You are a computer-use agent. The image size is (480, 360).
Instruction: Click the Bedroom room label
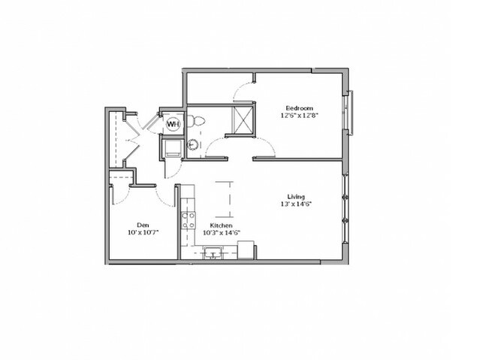pyautogui.click(x=300, y=108)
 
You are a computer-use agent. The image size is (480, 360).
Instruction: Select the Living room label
pyautogui.click(x=296, y=196)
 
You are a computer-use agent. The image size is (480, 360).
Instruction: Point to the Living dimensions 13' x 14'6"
pyautogui.click(x=296, y=204)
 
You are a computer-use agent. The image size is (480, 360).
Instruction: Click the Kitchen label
pyautogui.click(x=221, y=225)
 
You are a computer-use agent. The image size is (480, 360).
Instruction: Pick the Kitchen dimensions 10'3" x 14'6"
pyautogui.click(x=222, y=232)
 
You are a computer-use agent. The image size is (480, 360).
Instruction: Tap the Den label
pyautogui.click(x=143, y=225)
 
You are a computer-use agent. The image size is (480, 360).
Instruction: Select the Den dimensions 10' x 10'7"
pyautogui.click(x=143, y=232)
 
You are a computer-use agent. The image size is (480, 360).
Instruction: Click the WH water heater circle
pyautogui.click(x=174, y=124)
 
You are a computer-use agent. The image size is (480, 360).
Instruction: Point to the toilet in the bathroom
pyautogui.click(x=195, y=120)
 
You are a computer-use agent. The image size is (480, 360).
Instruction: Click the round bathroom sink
pyautogui.click(x=193, y=144)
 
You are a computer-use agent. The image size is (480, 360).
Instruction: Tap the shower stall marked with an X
pyautogui.click(x=243, y=120)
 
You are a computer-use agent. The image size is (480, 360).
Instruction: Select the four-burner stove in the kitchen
pyautogui.click(x=189, y=220)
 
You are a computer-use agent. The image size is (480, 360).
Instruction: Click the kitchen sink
pyautogui.click(x=213, y=253)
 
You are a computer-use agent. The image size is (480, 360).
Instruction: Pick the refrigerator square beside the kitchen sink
pyautogui.click(x=246, y=250)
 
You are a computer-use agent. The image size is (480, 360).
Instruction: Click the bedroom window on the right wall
pyautogui.click(x=349, y=113)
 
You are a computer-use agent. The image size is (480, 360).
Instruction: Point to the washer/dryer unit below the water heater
pyautogui.click(x=172, y=148)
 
